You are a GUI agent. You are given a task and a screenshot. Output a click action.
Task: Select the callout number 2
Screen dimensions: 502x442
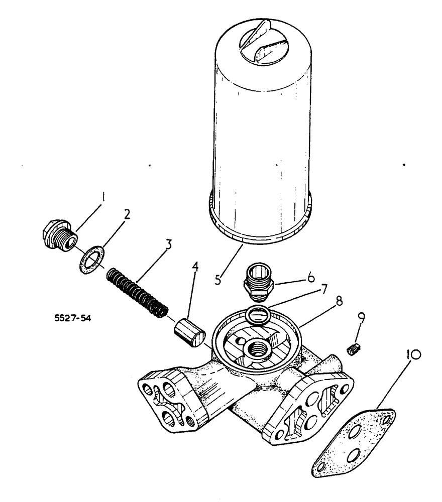[x=127, y=215]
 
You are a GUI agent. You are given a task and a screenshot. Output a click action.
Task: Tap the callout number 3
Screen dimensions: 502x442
[x=169, y=244]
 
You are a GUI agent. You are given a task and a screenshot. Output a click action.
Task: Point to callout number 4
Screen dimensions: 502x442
[x=195, y=267]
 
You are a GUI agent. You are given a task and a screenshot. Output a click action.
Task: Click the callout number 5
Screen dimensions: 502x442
[x=217, y=280]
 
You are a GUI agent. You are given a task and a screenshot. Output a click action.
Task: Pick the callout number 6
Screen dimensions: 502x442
[x=311, y=276]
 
